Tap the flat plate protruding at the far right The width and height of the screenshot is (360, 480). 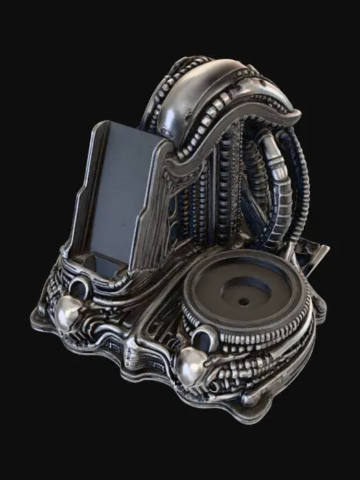pyautogui.click(x=317, y=259)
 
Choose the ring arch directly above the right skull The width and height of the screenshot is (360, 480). pyautogui.click(x=204, y=336)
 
